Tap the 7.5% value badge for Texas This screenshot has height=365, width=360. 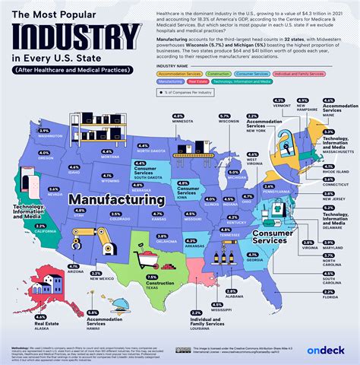152,277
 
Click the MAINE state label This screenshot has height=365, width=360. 328,114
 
